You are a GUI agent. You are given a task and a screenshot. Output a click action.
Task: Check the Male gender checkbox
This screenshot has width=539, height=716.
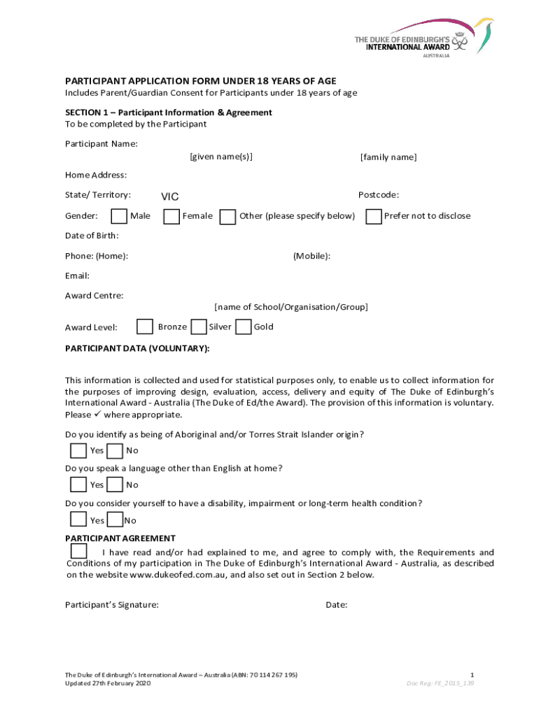click(x=120, y=217)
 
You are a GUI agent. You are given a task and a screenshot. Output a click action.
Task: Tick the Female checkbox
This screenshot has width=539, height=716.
click(x=171, y=217)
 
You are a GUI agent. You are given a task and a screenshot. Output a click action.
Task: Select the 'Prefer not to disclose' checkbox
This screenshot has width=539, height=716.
click(x=374, y=217)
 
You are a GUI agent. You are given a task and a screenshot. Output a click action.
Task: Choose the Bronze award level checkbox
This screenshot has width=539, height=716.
click(x=145, y=327)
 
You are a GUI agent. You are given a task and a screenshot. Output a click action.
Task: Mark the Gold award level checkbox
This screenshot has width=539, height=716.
click(x=244, y=327)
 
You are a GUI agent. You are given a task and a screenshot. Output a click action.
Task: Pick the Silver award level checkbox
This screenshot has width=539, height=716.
click(x=199, y=327)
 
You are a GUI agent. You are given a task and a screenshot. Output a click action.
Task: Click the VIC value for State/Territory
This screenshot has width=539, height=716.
click(x=170, y=197)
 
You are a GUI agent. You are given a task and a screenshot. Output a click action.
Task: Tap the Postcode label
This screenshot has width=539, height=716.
click(x=378, y=195)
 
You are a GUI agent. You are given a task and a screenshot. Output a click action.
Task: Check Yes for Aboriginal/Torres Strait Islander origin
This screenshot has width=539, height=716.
click(x=79, y=450)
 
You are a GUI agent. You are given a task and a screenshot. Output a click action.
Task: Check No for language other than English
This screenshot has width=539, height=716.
click(x=115, y=485)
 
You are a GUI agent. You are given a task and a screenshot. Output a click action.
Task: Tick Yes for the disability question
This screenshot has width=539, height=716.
click(x=79, y=520)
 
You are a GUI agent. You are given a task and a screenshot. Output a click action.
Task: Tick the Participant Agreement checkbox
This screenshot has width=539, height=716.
click(x=79, y=551)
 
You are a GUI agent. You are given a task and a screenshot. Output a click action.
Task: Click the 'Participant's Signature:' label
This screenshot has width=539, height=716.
click(x=112, y=605)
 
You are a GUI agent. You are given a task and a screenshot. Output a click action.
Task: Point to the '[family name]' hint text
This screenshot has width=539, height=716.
click(x=388, y=157)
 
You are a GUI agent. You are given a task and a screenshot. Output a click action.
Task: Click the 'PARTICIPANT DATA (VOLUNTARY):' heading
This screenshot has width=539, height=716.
click(x=137, y=348)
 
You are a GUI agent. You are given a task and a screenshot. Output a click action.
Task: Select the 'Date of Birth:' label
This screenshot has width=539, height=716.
click(x=92, y=236)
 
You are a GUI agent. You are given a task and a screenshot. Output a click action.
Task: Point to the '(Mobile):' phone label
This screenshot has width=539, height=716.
click(x=311, y=257)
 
